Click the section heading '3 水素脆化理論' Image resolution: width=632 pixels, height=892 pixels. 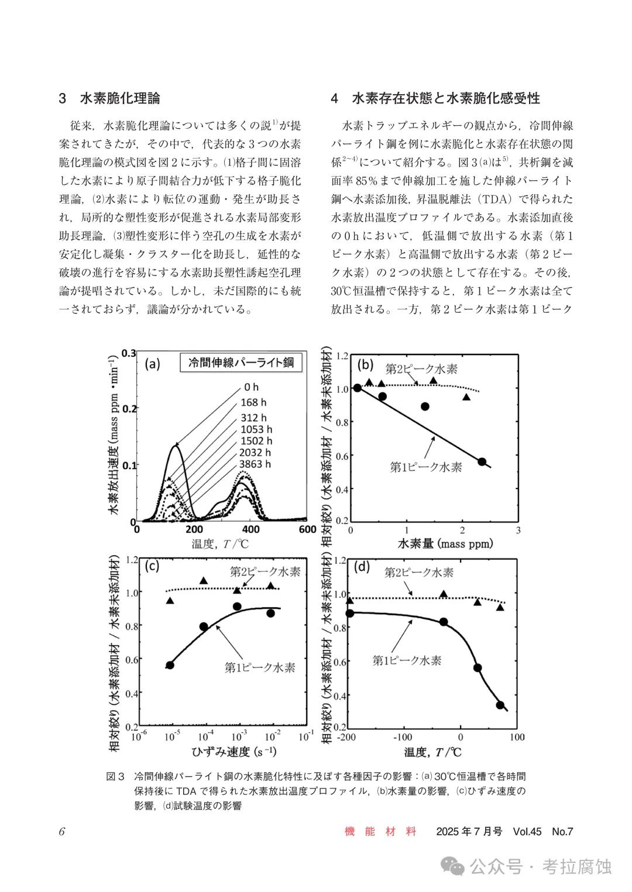tap(109, 98)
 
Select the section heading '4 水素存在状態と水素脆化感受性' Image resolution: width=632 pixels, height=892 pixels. tap(435, 98)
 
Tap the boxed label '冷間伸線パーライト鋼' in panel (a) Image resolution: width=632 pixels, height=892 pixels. tap(241, 363)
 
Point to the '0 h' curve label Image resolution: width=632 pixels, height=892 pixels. tap(251, 387)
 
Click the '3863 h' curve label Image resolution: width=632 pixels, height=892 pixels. tap(255, 464)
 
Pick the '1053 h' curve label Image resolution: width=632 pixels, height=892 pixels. tap(256, 429)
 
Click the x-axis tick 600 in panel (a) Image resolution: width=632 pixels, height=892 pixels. tap(307, 529)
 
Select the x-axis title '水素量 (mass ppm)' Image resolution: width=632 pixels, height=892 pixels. tap(445, 543)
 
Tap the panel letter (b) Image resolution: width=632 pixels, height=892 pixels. tap(366, 365)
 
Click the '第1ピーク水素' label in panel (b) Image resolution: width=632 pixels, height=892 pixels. tap(426, 467)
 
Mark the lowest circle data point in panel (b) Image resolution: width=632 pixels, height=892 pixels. tap(482, 462)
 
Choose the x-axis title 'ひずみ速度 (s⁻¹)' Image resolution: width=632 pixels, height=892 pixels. tap(234, 752)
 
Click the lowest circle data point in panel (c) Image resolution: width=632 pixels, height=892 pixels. tap(170, 665)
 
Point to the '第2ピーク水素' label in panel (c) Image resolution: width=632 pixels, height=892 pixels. tap(265, 571)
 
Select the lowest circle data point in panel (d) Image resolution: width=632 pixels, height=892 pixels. tap(500, 705)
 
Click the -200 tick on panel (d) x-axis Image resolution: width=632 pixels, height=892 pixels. tap(346, 737)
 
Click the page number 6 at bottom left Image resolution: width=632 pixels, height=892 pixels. tap(62, 832)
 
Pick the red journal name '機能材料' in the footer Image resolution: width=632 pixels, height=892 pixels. tap(381, 832)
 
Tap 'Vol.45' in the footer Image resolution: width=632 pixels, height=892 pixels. tap(527, 832)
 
